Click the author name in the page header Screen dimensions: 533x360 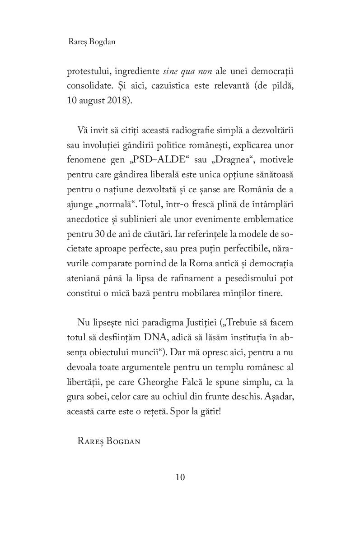coord(91,42)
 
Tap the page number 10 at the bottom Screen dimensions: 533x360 coord(180,477)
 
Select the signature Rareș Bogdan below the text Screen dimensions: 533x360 coord(109,441)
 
